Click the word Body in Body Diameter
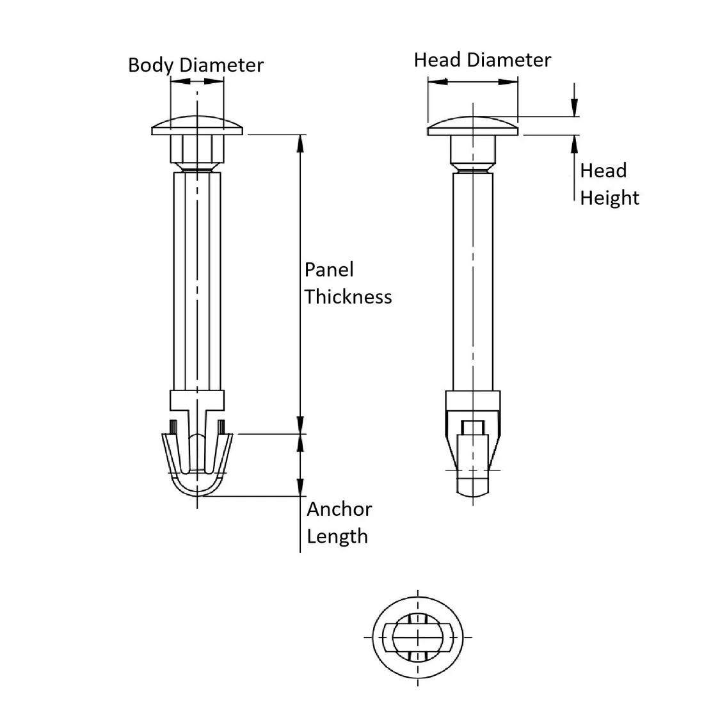click(151, 65)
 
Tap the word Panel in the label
click(329, 269)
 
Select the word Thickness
click(348, 296)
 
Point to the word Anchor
click(339, 509)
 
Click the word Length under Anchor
click(337, 536)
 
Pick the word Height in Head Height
click(609, 198)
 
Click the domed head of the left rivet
click(197, 125)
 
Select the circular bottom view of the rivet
click(417, 638)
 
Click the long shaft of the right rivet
click(473, 282)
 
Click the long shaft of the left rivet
click(197, 282)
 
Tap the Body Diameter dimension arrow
click(197, 81)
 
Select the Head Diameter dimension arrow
click(472, 81)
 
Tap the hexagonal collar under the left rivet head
click(197, 150)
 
